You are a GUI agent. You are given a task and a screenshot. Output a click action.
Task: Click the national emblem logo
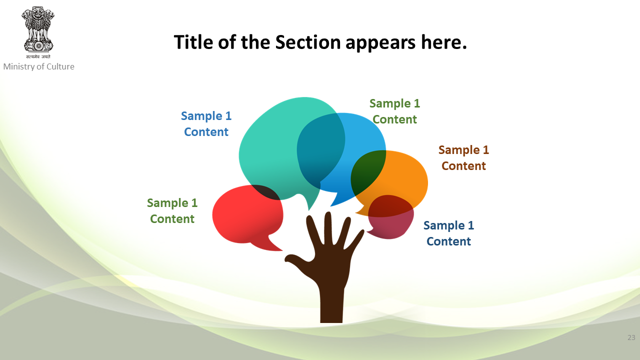click(37, 32)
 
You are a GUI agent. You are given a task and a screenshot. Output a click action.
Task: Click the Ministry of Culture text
click(39, 66)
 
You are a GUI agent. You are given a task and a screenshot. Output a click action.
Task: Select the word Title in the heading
click(193, 42)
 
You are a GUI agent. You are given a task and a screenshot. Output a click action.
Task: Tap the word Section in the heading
click(308, 42)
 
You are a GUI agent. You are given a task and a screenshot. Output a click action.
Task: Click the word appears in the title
click(380, 43)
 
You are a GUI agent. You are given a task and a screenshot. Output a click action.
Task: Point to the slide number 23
click(631, 337)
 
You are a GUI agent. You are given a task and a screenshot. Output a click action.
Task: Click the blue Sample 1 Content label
click(206, 123)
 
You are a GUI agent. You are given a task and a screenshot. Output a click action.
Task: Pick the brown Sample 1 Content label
click(463, 157)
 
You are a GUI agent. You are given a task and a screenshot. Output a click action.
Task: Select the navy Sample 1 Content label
click(449, 233)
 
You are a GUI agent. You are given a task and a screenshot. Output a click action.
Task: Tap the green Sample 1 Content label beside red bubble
click(172, 211)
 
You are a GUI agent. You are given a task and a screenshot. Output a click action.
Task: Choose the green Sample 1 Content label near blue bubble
click(395, 111)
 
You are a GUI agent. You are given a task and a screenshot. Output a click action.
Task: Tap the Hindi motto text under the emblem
click(38, 56)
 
